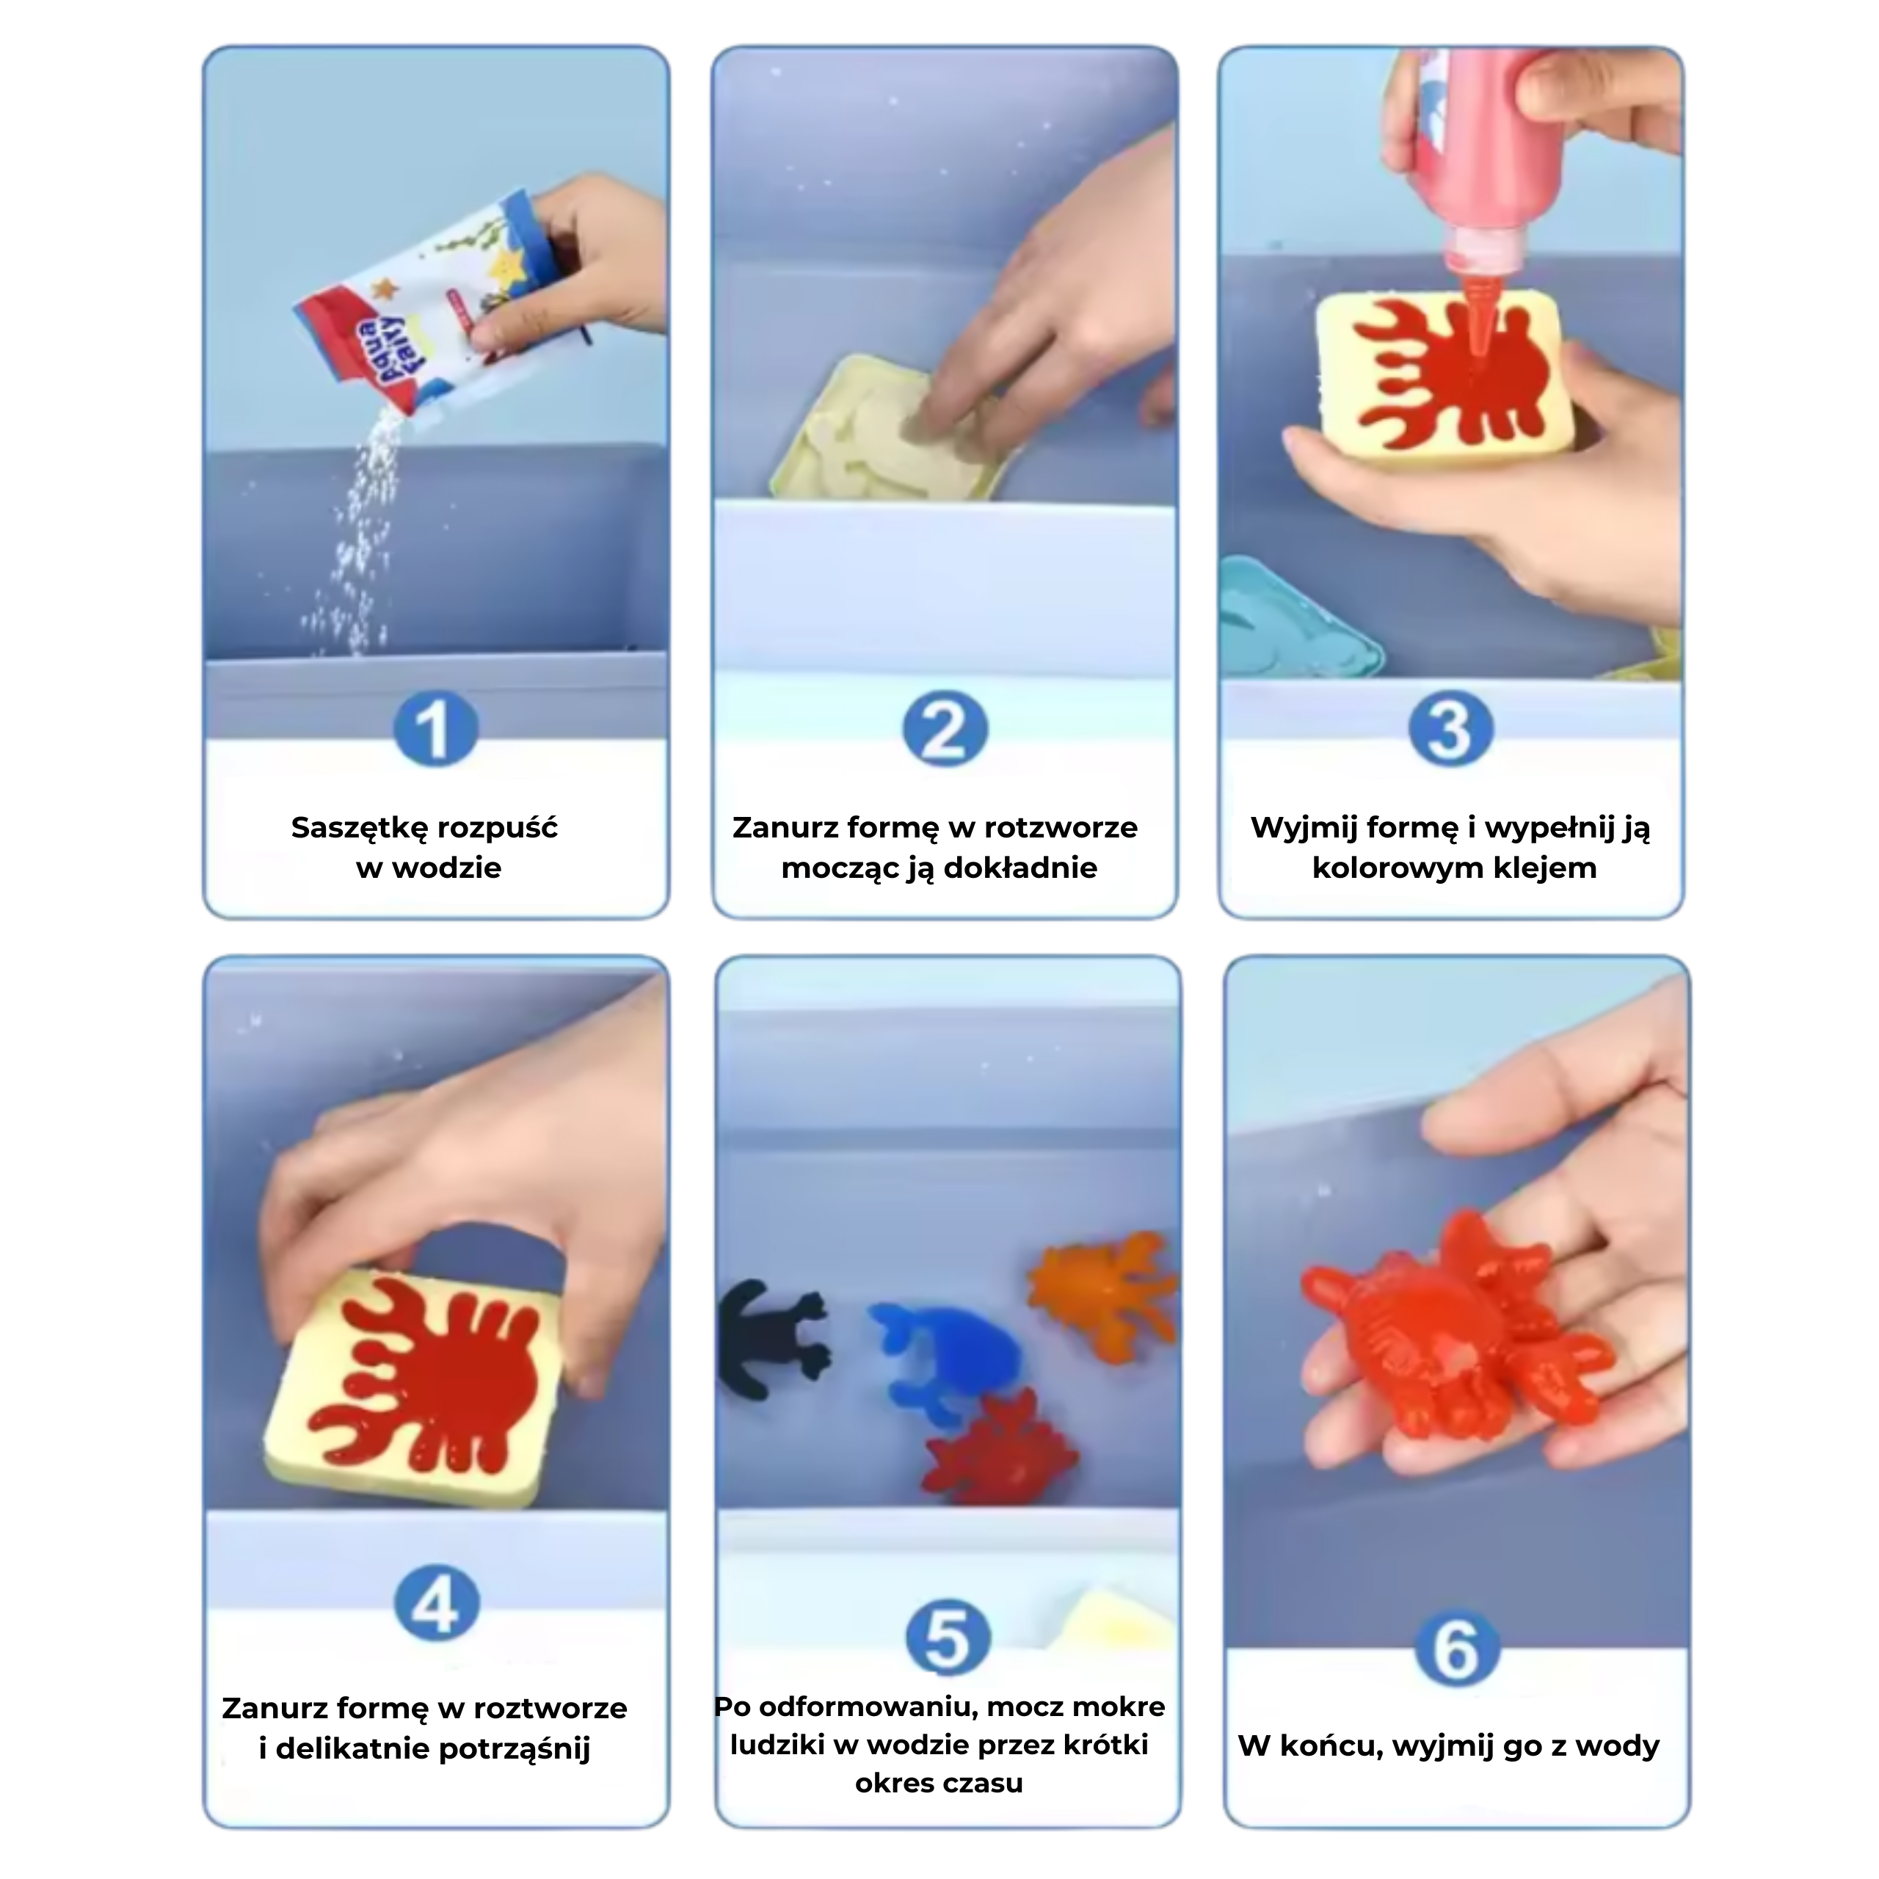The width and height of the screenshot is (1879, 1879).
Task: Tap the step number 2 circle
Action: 945,730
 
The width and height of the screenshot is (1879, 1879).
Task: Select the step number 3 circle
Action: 1450,730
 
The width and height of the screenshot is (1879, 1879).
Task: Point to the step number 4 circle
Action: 436,1603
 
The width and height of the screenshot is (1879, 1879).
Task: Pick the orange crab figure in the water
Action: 1102,1293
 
